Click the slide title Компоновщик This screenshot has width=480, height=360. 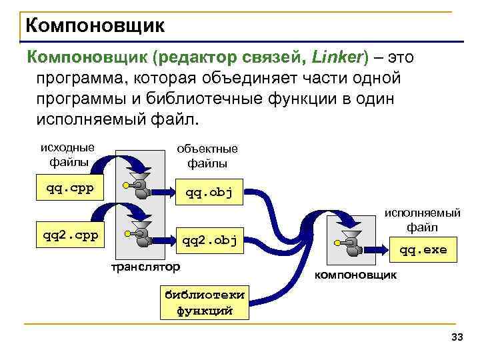click(93, 27)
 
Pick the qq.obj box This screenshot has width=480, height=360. click(208, 193)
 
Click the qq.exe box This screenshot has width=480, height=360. click(422, 250)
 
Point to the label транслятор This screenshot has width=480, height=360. click(145, 267)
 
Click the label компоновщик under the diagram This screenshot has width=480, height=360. click(355, 275)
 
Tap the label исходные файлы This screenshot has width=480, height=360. click(67, 154)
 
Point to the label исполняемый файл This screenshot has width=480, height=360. click(431, 221)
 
